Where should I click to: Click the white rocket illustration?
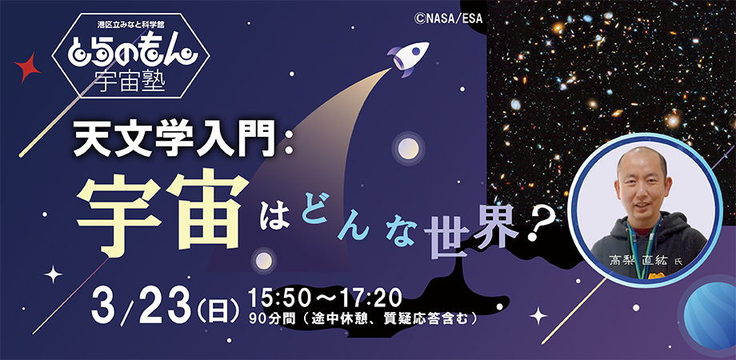pyautogui.click(x=408, y=58)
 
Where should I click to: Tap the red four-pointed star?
pyautogui.click(x=28, y=68)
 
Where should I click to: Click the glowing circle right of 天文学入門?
pyautogui.click(x=408, y=148)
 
